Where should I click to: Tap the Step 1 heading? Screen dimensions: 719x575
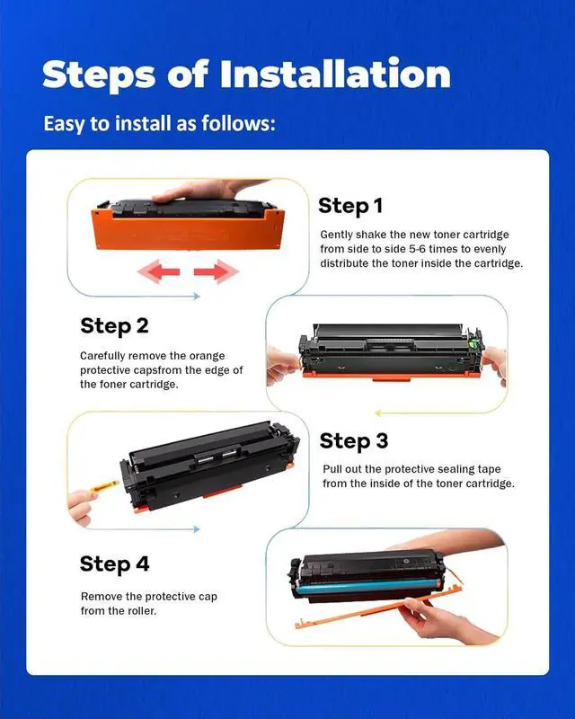[x=350, y=206]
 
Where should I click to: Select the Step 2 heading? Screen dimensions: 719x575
[x=114, y=325]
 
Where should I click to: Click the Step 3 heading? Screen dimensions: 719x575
[x=354, y=440]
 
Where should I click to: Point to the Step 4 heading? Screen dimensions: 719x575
[x=114, y=564]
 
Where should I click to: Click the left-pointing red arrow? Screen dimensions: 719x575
[x=162, y=271]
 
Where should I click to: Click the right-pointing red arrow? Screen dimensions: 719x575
[x=216, y=271]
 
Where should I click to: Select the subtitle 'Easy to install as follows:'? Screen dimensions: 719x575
[x=159, y=123]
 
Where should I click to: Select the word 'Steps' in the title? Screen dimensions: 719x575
[x=96, y=74]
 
